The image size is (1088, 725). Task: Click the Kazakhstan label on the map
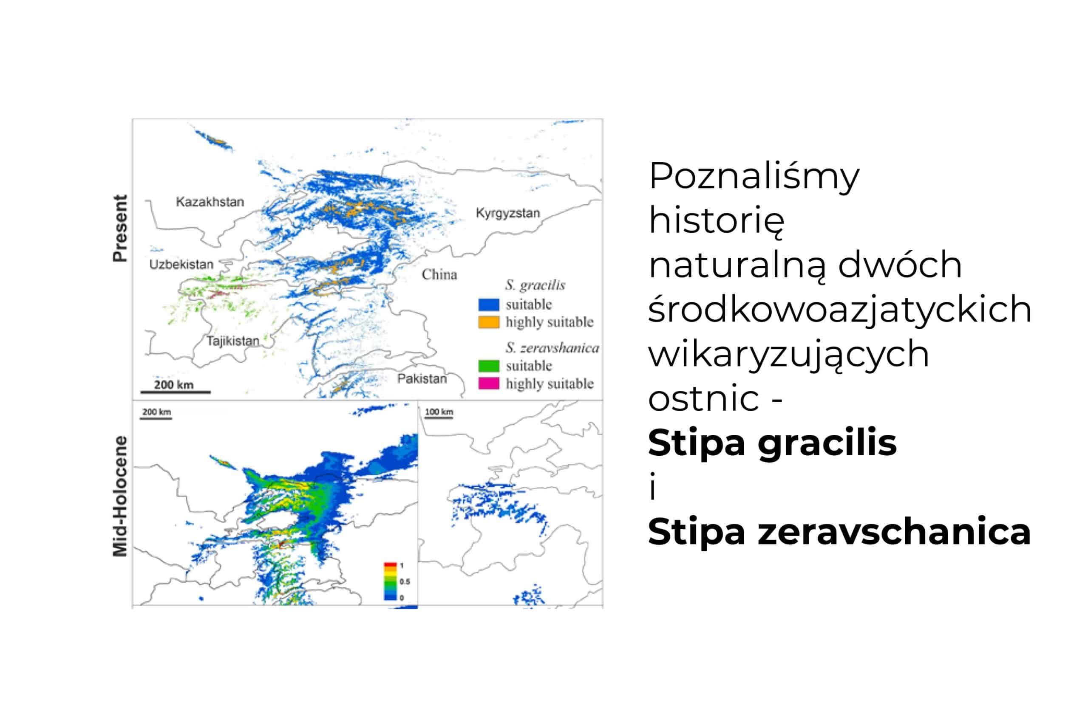pos(210,202)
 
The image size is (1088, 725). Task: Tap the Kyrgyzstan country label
pos(508,213)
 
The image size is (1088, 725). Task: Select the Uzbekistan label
pos(181,265)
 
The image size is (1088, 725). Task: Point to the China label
pos(439,275)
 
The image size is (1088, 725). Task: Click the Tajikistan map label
pos(232,341)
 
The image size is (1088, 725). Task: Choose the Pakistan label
pos(422,379)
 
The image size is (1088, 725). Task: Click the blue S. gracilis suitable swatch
pos(488,305)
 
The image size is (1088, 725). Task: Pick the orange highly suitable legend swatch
pos(488,322)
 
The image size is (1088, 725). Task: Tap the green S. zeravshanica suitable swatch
pos(488,366)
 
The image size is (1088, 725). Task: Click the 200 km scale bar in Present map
pos(176,392)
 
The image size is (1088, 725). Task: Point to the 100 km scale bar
pos(439,418)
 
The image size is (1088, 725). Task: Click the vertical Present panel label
pos(120,229)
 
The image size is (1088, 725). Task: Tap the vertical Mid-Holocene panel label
pos(120,496)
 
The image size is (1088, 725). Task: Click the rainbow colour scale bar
pos(391,581)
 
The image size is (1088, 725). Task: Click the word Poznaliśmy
pos(754,177)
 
